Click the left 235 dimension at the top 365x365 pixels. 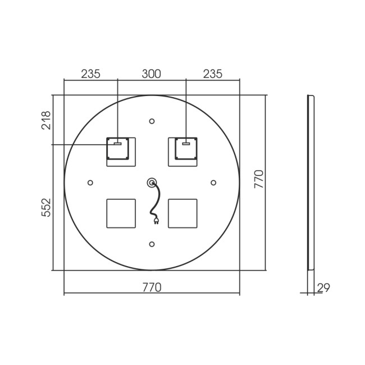tap(90, 74)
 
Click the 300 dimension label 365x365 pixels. tap(151, 74)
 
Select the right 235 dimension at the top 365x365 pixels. tap(213, 74)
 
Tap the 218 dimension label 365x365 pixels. tap(46, 120)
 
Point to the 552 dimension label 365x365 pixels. tap(46, 207)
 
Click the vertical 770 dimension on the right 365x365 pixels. tap(259, 179)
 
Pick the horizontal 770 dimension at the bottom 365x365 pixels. tap(152, 288)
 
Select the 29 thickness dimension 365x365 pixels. tap(323, 288)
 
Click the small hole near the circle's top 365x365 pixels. tap(152, 121)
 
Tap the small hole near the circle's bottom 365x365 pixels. tap(152, 244)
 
